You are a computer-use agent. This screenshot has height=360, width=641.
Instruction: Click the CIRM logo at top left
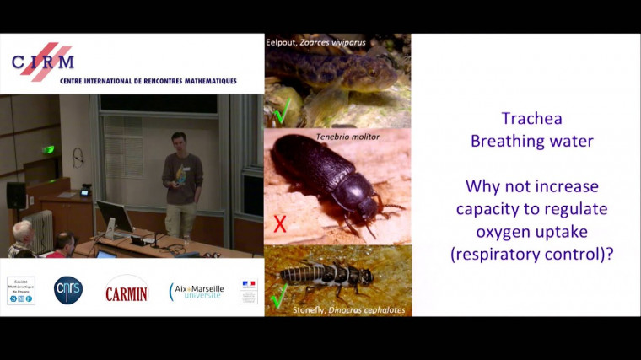(43, 61)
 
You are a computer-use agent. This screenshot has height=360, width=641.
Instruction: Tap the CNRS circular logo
(68, 290)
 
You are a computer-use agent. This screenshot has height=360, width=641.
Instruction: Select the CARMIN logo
(127, 291)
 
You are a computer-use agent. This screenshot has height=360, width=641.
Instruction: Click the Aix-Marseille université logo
(197, 292)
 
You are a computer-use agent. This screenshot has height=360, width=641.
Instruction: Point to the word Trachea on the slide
(531, 119)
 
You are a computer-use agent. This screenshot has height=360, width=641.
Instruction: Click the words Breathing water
(531, 141)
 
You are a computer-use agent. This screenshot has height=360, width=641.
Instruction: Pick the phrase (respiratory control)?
(531, 251)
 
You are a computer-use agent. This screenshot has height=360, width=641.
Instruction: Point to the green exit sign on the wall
(50, 149)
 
